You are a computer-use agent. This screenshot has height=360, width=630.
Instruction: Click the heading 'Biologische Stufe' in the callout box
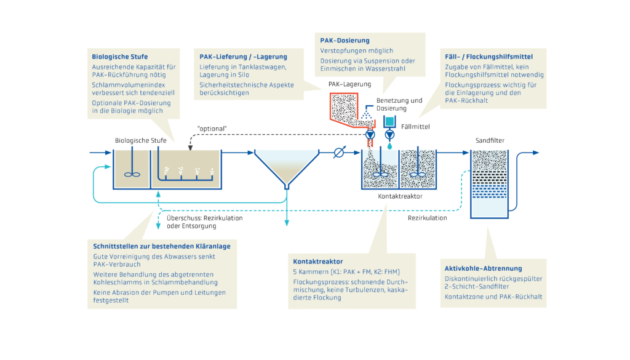tap(119, 57)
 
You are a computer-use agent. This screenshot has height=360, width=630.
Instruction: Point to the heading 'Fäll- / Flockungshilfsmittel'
tap(488, 57)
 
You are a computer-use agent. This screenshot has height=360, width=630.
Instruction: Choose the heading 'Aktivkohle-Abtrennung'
tap(483, 268)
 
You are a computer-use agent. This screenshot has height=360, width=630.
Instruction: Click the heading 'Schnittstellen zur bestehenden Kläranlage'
tap(161, 246)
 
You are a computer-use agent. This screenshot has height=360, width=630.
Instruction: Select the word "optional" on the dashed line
tap(212, 128)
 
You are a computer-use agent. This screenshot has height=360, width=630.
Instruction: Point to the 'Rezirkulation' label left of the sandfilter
tap(427, 217)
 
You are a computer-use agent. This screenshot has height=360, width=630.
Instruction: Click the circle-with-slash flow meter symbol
tap(338, 153)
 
